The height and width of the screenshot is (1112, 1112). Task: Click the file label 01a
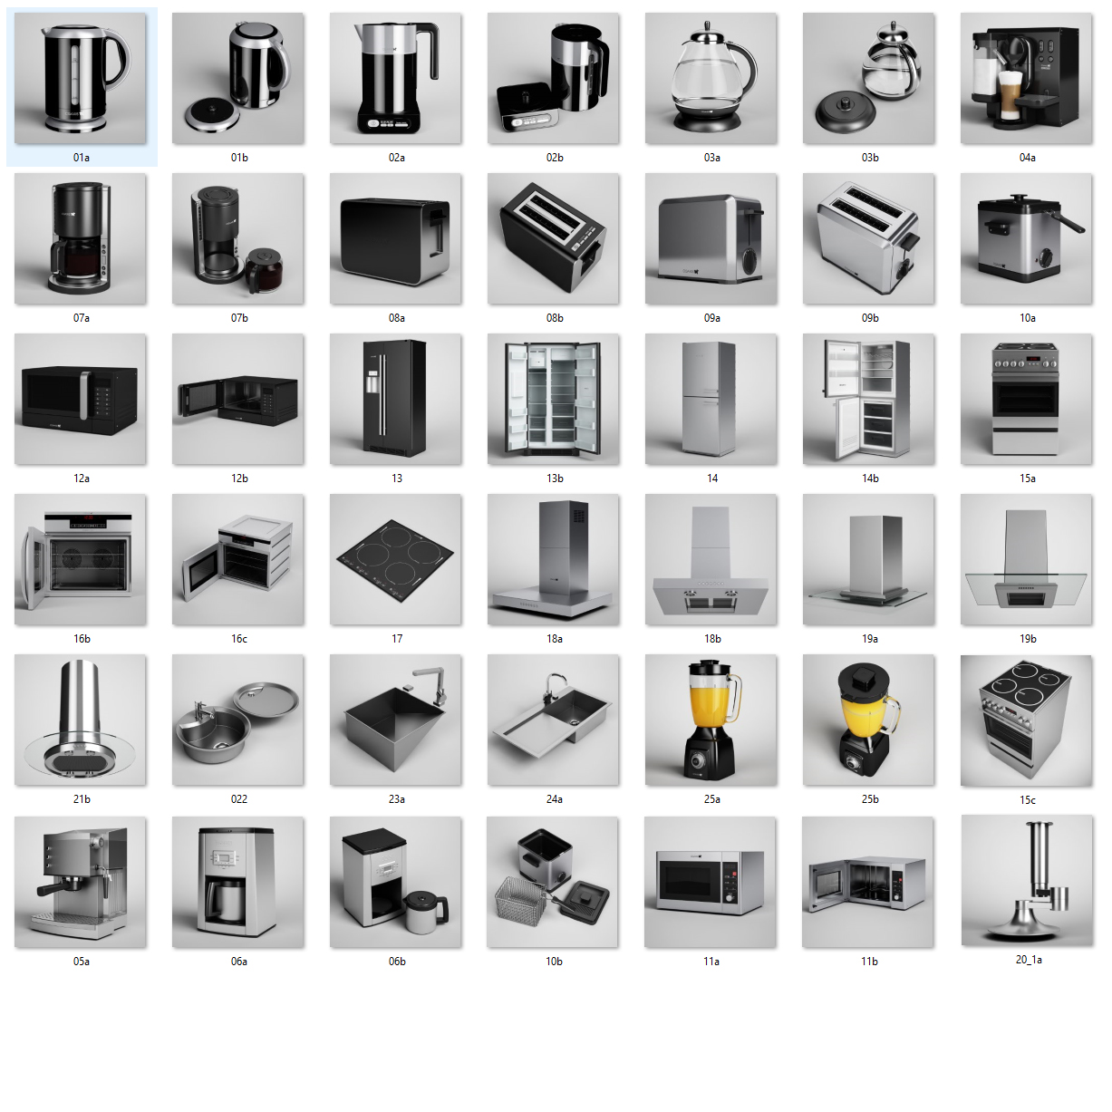[82, 158]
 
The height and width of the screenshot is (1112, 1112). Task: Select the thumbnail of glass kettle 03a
[711, 79]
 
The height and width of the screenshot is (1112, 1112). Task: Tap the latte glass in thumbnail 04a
[1010, 95]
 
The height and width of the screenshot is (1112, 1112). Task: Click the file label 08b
[555, 318]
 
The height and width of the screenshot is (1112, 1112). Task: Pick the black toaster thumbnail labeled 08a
[395, 239]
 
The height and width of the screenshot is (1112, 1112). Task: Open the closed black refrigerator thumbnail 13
[395, 400]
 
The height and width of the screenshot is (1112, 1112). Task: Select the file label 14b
[870, 479]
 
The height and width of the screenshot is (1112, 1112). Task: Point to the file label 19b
[1027, 639]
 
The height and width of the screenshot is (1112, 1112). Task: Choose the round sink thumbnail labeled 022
[237, 720]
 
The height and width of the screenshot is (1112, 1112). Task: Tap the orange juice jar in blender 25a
[713, 700]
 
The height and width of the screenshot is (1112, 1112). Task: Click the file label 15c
[1027, 800]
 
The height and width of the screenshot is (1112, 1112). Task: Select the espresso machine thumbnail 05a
[81, 883]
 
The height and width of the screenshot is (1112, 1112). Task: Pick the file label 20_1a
[1029, 960]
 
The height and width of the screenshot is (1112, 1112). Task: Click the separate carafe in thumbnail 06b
[427, 912]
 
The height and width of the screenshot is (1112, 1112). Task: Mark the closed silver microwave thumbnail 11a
[710, 883]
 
